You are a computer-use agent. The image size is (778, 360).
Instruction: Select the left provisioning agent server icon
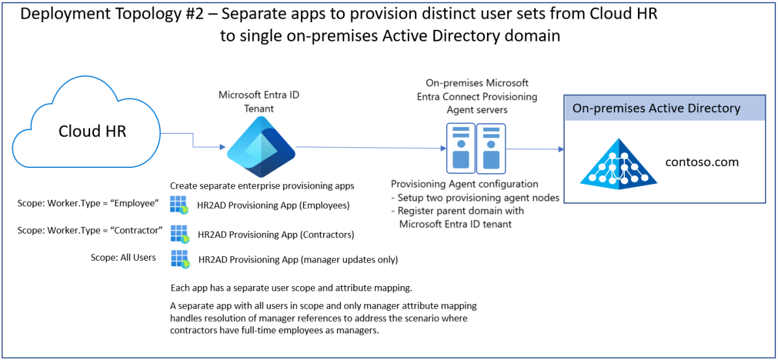point(460,149)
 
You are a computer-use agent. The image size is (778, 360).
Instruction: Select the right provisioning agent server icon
point(491,149)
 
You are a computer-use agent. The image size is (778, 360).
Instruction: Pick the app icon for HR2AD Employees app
point(180,205)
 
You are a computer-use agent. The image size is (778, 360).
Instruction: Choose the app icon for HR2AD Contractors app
point(180,233)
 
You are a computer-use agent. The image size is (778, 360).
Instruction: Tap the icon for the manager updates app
point(180,259)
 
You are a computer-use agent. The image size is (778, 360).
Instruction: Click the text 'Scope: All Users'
point(123,258)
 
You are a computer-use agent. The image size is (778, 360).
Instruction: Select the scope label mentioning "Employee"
point(88,204)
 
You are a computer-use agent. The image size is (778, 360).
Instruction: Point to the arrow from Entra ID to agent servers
point(370,148)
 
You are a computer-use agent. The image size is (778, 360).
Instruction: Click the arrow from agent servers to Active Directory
point(536,150)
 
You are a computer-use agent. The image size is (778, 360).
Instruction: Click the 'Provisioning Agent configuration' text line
point(464,184)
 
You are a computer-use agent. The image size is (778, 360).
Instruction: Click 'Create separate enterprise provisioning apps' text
point(262,186)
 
